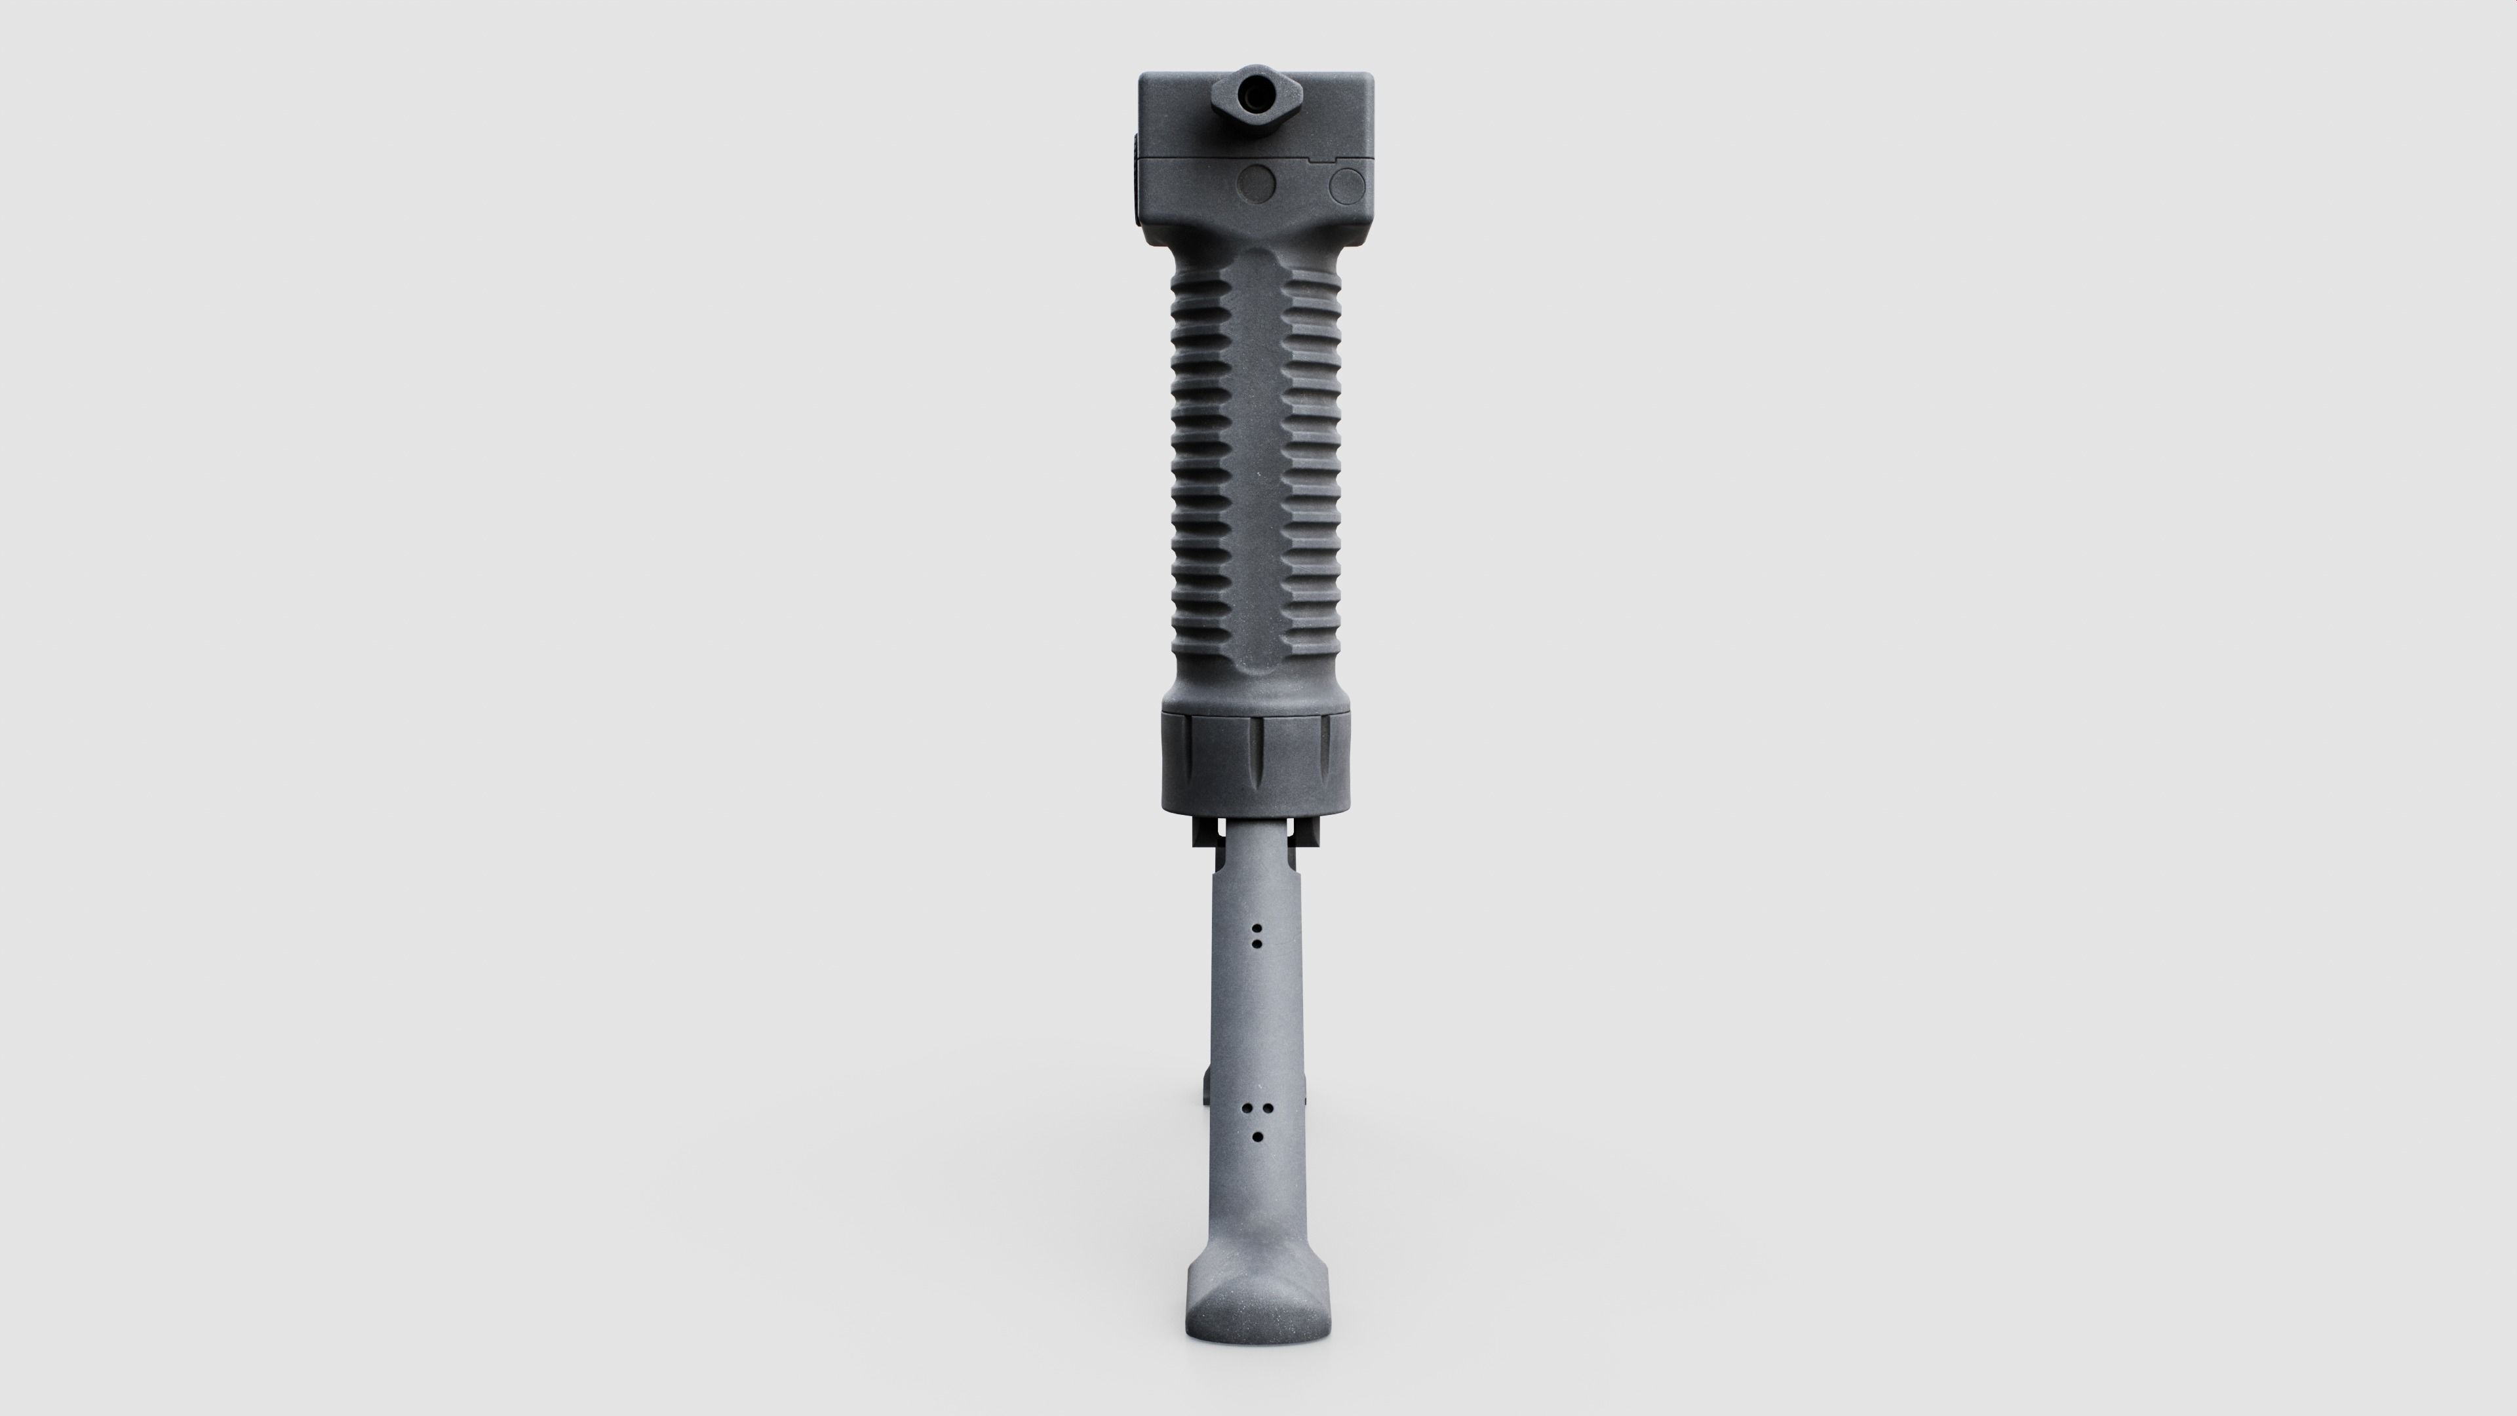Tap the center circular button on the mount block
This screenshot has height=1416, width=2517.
pos(1256,183)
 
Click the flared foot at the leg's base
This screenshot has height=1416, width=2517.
pos(1258,1308)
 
